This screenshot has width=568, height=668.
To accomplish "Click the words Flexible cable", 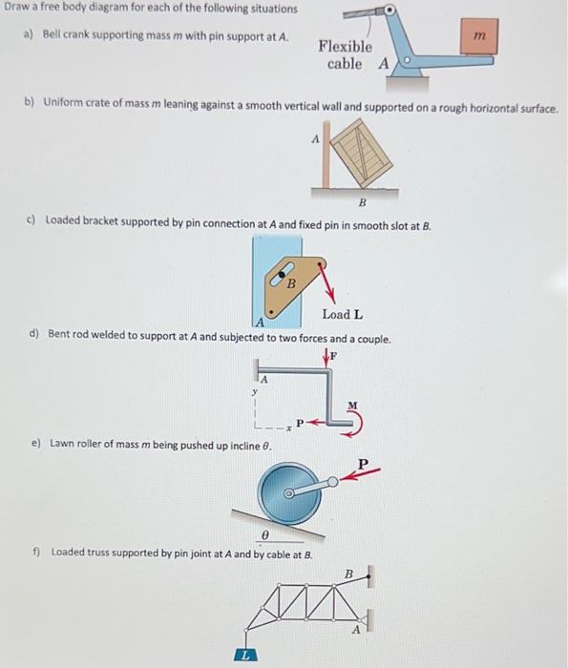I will click(345, 55).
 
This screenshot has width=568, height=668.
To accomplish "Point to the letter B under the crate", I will click(363, 203).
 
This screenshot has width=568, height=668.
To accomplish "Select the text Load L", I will click(342, 314).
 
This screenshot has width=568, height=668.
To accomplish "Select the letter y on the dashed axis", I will click(253, 391).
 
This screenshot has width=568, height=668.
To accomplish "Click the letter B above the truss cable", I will click(349, 574).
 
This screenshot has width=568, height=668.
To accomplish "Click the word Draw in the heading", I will click(19, 9).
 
